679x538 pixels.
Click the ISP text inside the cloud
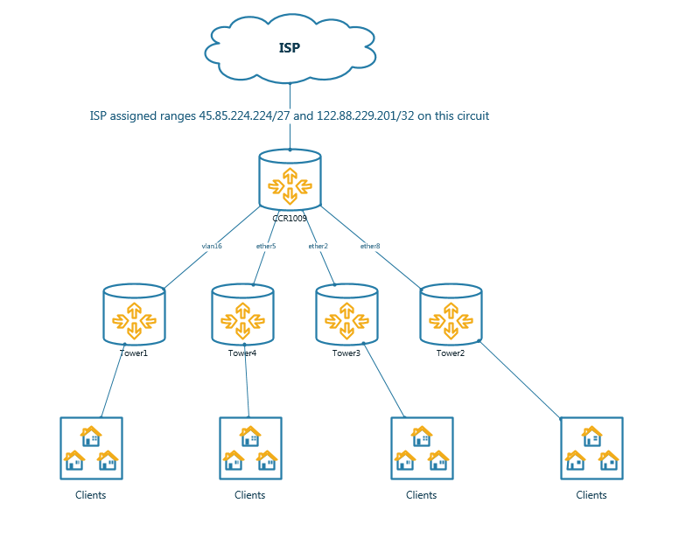coord(290,48)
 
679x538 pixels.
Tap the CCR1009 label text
coord(290,217)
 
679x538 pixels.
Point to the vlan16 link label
coord(212,247)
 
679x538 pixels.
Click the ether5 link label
coord(266,247)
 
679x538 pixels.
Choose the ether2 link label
coord(318,247)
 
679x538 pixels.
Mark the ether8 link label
coord(370,247)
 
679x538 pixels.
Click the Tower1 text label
coord(134,353)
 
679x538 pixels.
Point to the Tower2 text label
coord(451,353)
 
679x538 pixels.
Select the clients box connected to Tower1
coord(91,448)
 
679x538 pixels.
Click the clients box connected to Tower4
coord(249,448)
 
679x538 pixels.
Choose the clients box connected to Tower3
coord(422,448)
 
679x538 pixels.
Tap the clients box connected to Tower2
coord(591,448)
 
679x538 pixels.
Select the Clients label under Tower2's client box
coord(591,495)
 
